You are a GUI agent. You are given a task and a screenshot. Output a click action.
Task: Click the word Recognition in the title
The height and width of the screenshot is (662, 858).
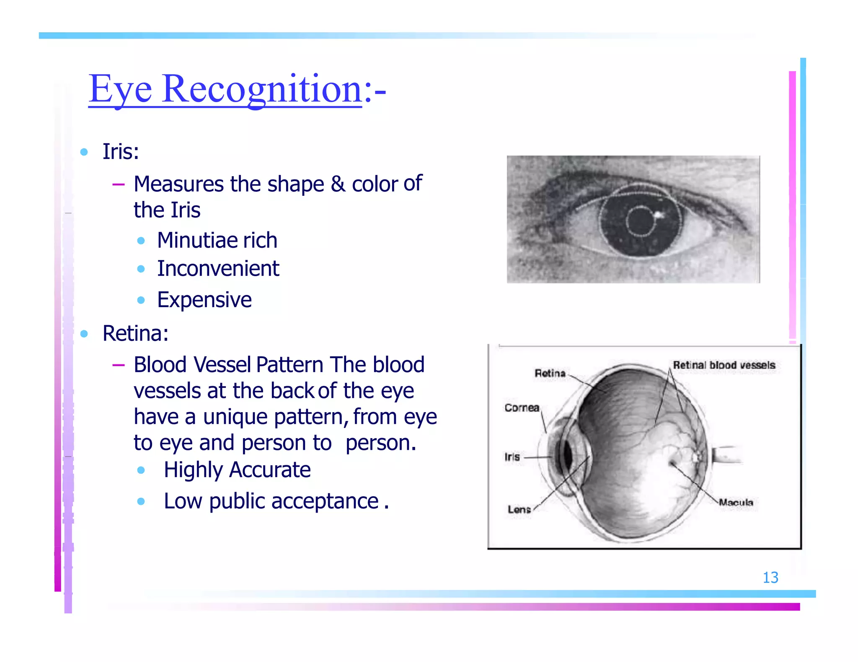coord(262,89)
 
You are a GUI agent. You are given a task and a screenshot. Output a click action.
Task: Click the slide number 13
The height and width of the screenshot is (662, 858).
coord(770,577)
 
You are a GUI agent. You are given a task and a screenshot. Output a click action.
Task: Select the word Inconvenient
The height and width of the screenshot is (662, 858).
coord(218,268)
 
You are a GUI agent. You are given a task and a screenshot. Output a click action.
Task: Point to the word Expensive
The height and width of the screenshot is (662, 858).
coord(204,300)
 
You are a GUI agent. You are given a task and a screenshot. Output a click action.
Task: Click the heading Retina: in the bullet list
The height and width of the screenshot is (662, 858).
coord(135,334)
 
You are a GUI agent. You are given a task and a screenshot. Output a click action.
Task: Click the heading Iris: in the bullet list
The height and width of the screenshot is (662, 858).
coord(121,151)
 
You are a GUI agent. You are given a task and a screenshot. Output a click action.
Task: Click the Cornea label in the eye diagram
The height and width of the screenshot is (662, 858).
coord(522,408)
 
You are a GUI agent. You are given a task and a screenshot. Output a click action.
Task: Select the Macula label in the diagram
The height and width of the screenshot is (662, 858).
coord(736,502)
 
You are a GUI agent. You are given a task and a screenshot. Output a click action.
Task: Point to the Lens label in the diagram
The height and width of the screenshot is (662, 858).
coord(519,509)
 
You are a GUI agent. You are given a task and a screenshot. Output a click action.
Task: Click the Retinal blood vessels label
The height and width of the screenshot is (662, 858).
coord(724,365)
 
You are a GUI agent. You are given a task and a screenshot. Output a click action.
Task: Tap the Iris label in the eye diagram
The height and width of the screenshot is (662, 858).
coord(512,457)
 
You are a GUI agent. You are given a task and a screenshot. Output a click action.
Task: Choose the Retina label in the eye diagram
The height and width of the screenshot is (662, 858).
coord(550,373)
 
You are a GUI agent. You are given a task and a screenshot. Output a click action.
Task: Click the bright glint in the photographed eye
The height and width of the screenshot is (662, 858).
coord(658,215)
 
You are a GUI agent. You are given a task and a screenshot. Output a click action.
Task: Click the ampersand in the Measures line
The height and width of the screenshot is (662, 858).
coord(338,184)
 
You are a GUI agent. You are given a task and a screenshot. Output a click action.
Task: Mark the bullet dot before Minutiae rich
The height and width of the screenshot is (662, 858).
coord(141,241)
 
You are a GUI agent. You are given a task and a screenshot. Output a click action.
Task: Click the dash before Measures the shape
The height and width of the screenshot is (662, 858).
coord(119,184)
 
